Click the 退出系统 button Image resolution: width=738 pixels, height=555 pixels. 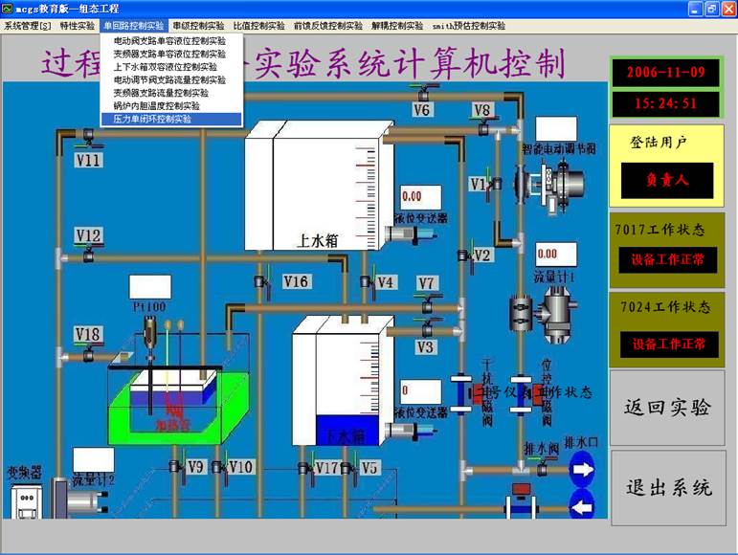click(668, 487)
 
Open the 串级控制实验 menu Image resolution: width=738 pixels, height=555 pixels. click(198, 26)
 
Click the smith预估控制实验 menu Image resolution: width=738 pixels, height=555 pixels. click(468, 26)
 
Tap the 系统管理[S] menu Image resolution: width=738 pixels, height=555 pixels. click(27, 26)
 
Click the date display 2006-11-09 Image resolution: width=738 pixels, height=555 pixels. click(666, 72)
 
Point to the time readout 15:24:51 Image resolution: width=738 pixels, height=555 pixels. click(666, 102)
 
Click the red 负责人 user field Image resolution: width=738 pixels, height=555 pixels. click(666, 179)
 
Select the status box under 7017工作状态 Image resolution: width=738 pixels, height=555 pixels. click(666, 259)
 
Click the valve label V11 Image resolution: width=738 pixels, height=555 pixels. click(89, 160)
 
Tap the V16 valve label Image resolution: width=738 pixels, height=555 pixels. click(296, 280)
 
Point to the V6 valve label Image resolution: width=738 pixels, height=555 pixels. click(422, 109)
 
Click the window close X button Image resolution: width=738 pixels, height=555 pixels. click(727, 9)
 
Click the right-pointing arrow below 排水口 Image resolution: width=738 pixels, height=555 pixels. click(582, 470)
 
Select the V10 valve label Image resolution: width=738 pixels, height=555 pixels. click(241, 466)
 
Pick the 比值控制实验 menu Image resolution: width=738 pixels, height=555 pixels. click(258, 26)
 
